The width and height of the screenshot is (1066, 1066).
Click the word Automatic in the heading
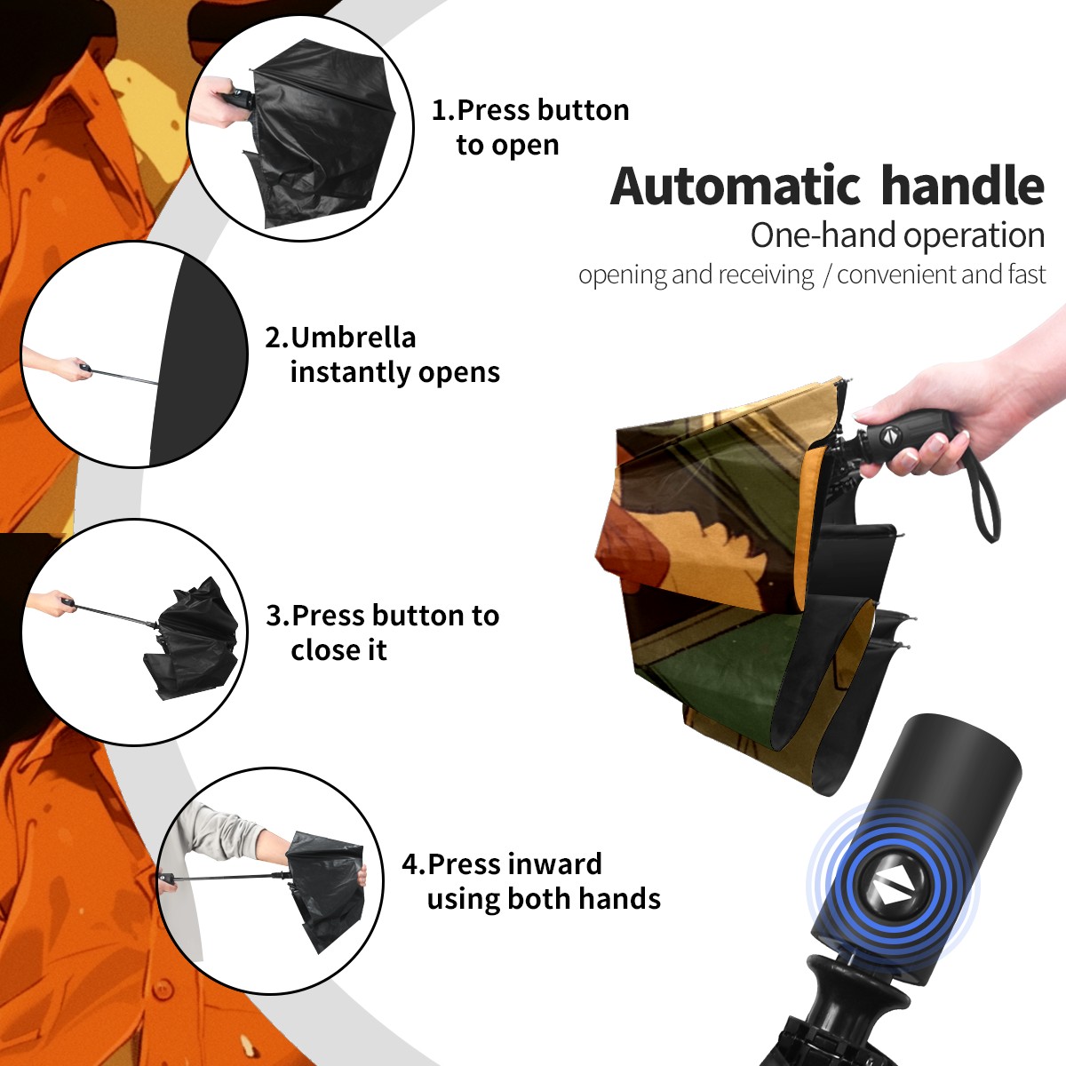(736, 186)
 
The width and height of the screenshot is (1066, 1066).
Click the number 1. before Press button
(442, 110)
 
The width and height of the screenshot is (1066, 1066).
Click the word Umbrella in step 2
(353, 338)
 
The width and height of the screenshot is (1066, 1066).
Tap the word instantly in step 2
(351, 373)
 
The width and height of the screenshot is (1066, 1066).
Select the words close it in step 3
(338, 649)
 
